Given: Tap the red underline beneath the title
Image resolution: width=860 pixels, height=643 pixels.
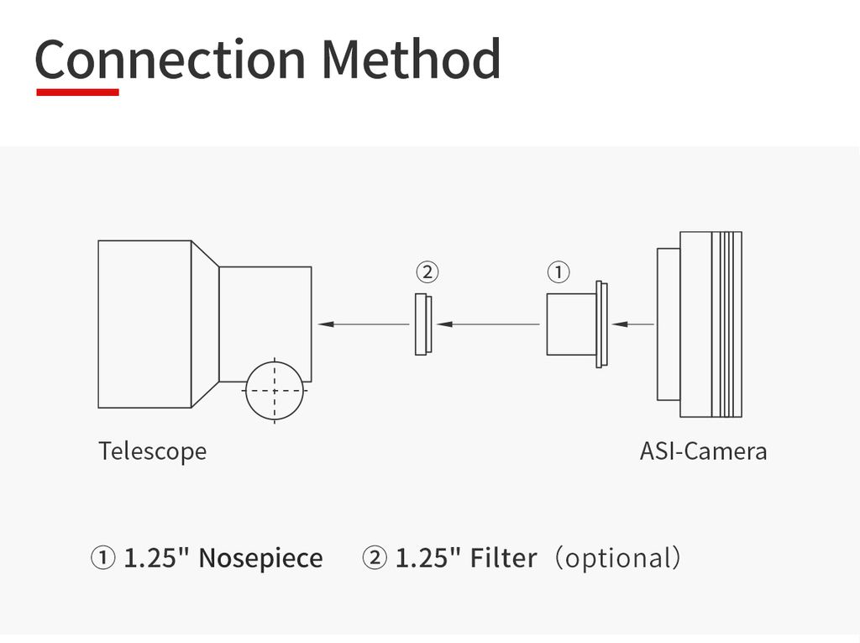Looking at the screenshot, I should (77, 92).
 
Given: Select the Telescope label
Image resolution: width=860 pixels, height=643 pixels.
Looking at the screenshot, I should (152, 451).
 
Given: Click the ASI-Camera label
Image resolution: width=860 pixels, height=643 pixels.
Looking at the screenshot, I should (703, 451).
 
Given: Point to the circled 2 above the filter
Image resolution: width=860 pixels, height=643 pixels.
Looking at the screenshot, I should (427, 271).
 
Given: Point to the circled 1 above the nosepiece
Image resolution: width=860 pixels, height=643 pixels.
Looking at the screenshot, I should (558, 271).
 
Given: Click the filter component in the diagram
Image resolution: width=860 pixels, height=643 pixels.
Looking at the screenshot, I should (423, 324).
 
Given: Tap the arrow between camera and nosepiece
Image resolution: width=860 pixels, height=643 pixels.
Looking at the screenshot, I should (633, 324).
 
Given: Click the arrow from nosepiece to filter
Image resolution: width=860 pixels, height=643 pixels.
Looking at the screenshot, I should (489, 324).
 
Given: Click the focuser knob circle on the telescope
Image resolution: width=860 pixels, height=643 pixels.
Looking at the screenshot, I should (274, 390).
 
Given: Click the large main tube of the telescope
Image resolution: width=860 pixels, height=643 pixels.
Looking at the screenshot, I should (144, 324).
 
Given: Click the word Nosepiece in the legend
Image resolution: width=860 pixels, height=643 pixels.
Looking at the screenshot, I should (260, 558).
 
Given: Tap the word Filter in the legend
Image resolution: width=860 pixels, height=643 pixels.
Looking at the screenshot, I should (503, 558).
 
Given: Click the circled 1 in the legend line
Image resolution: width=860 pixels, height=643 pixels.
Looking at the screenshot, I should (102, 558).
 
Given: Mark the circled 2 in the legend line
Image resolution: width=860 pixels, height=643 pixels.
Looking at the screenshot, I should (375, 558).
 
